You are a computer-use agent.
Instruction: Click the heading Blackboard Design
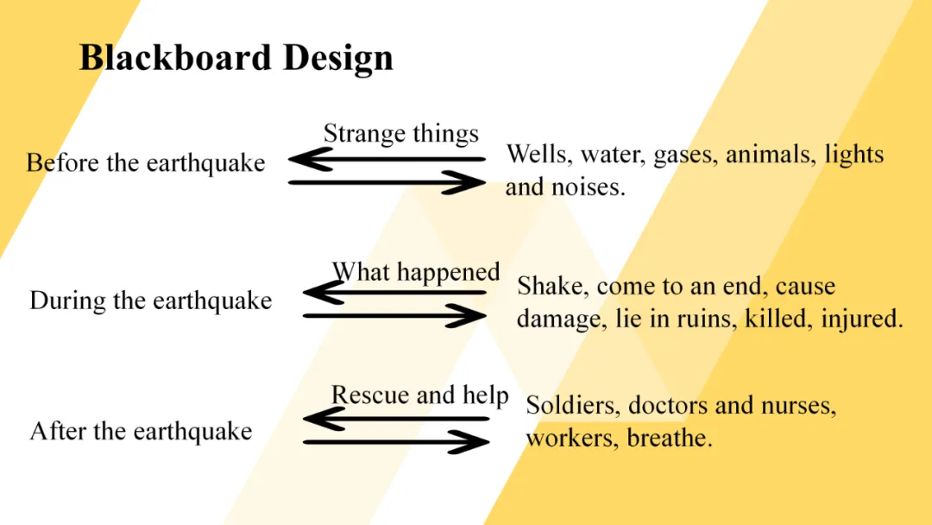click(x=236, y=59)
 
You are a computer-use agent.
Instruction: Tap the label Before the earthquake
click(x=146, y=162)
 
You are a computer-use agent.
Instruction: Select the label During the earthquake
click(x=151, y=300)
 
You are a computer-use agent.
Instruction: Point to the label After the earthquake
click(x=142, y=431)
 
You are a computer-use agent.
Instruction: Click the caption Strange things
click(x=400, y=134)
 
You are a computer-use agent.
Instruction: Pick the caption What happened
click(x=416, y=272)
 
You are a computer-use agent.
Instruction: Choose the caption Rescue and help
click(x=419, y=395)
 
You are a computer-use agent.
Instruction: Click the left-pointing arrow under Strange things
click(x=387, y=160)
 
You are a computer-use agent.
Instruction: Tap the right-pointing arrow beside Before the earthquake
click(x=387, y=183)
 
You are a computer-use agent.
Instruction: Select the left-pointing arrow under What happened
click(x=395, y=293)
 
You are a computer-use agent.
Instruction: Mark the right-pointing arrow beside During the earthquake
click(x=395, y=316)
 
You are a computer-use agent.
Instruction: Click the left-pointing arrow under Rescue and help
click(x=396, y=419)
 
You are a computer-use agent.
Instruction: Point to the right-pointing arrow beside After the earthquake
click(x=396, y=443)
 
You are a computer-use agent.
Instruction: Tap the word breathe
click(x=670, y=438)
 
